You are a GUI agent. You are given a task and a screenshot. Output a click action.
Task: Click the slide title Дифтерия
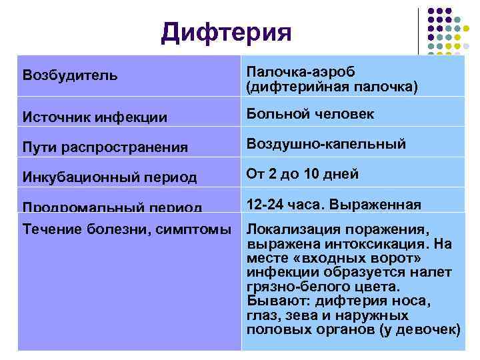(226, 32)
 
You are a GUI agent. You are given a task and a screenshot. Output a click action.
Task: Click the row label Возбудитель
(70, 73)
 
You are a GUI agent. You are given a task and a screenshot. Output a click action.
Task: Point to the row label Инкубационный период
(109, 177)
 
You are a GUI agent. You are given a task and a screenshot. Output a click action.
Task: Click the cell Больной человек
(310, 115)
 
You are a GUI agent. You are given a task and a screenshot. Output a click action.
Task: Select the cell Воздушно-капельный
(326, 144)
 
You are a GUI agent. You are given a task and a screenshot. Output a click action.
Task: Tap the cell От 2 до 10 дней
(303, 174)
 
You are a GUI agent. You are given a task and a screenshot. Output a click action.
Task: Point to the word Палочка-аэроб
(301, 71)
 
